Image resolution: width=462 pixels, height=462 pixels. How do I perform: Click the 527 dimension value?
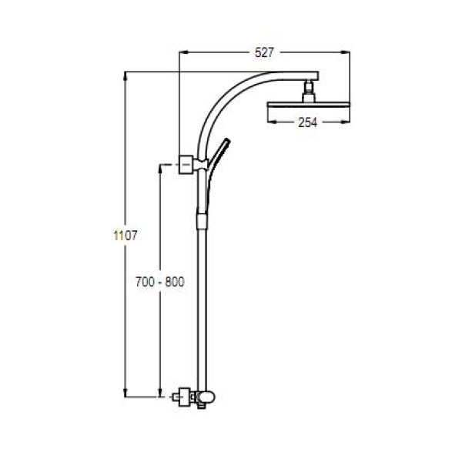(x=264, y=52)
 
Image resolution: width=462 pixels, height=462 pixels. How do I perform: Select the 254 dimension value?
(x=307, y=122)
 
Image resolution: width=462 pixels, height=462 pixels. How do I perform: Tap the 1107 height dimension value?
(x=126, y=236)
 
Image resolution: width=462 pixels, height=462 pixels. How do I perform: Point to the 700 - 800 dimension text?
(x=159, y=282)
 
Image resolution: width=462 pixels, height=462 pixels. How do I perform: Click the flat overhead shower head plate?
(x=309, y=105)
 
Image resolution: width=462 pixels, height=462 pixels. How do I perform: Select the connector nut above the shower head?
(x=309, y=91)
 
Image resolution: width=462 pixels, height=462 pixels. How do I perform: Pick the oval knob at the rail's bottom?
(x=206, y=397)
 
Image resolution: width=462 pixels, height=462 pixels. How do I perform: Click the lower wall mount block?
(x=185, y=397)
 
